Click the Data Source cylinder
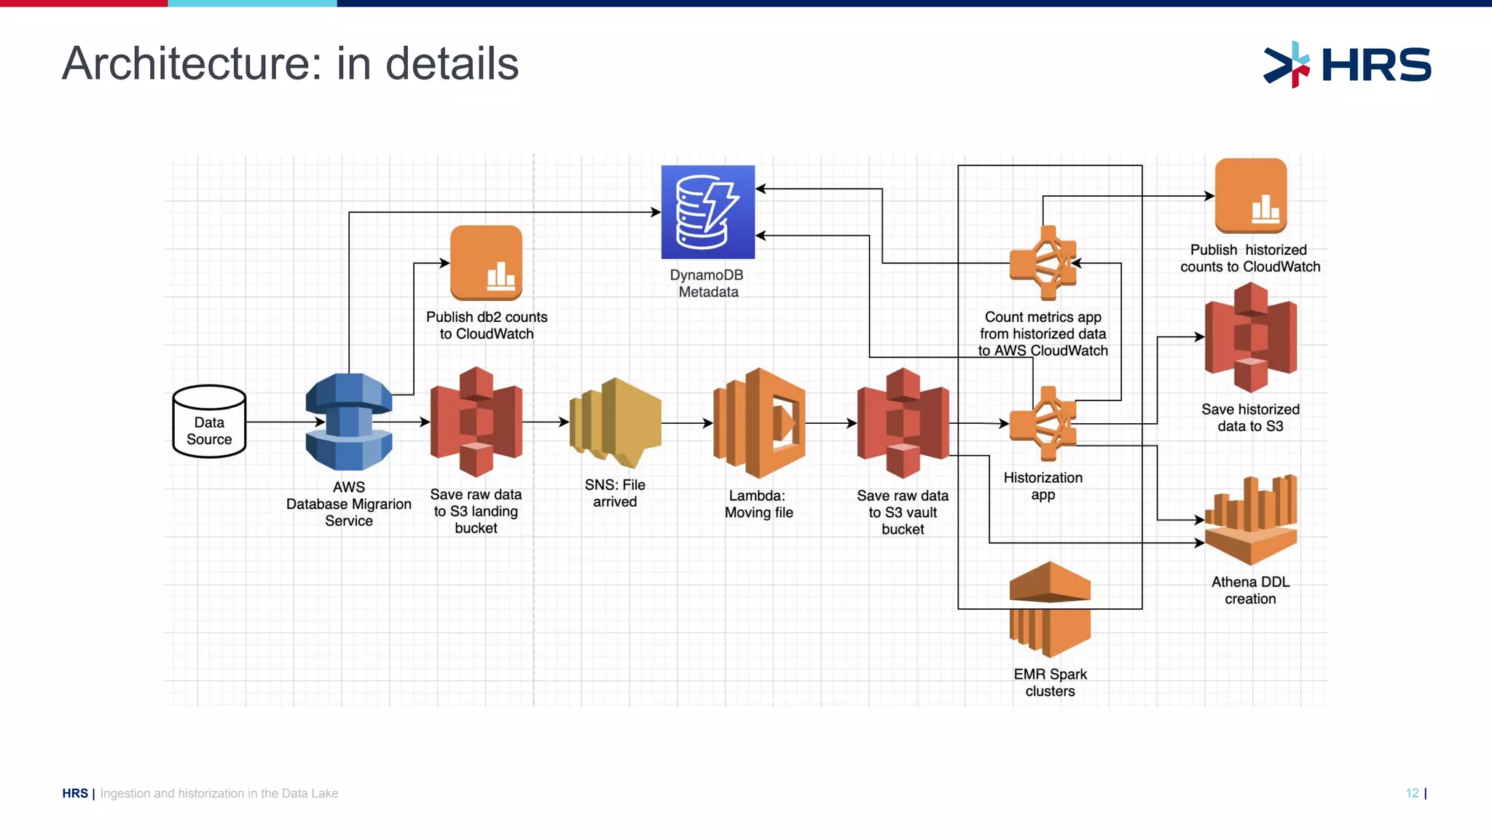point(209,422)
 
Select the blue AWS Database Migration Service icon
point(349,422)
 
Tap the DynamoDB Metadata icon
point(707,212)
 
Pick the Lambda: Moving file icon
point(759,422)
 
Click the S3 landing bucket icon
point(476,422)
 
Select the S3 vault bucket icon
point(903,422)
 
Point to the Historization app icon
point(1044,424)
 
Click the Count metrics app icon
point(1044,263)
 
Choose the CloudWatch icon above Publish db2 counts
point(486,263)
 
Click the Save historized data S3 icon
point(1251,337)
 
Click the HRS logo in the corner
point(1347,65)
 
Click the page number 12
point(1412,793)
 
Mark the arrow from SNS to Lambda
point(686,422)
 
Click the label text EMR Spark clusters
point(1050,682)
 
